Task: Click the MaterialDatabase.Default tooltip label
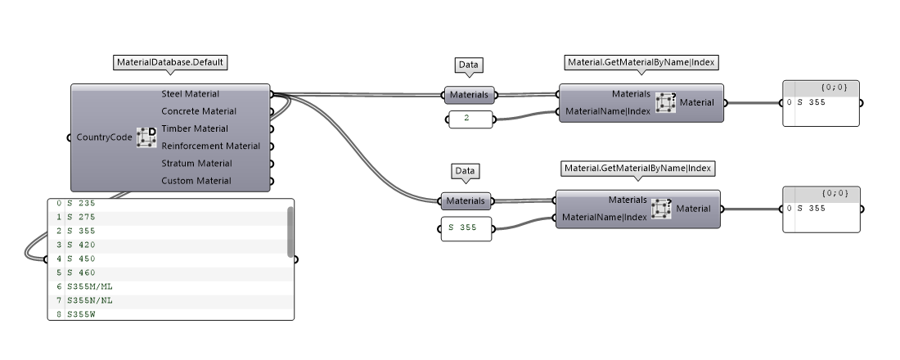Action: [170, 62]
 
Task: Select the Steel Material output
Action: [190, 94]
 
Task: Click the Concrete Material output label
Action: [199, 111]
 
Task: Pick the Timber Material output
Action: [195, 128]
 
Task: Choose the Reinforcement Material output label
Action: [210, 146]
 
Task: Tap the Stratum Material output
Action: [196, 163]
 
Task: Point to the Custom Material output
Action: [196, 180]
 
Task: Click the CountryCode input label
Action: [103, 137]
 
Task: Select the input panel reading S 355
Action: [466, 227]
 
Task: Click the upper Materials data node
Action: [469, 95]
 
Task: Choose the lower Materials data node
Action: [465, 200]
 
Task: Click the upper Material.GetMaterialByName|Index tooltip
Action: [642, 62]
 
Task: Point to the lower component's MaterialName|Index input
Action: [605, 218]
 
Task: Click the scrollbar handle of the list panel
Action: [290, 231]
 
